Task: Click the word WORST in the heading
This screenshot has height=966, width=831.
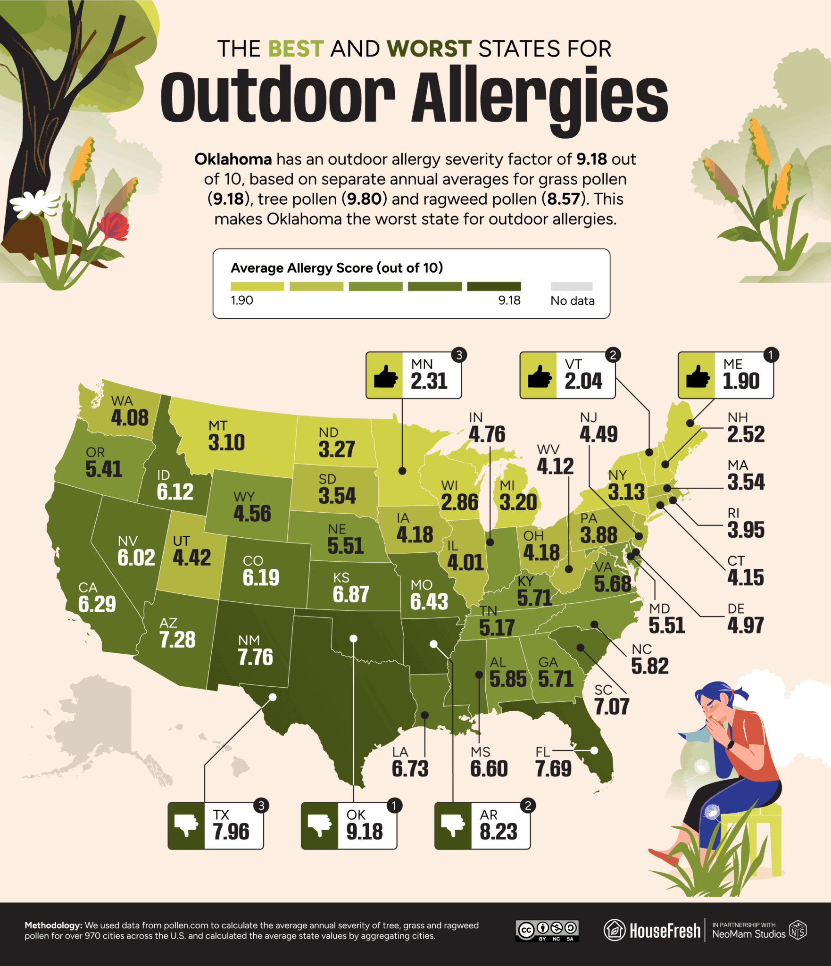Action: click(x=429, y=49)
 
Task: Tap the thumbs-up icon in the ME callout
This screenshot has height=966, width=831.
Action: click(x=697, y=376)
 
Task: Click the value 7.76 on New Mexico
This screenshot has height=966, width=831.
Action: click(x=255, y=657)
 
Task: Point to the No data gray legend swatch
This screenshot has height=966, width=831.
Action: click(x=572, y=286)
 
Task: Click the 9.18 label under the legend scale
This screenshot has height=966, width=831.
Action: click(x=509, y=300)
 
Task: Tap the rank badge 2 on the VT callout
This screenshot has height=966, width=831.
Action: click(x=613, y=355)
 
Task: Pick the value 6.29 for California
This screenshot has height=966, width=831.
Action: click(x=97, y=604)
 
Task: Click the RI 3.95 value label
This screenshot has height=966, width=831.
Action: click(x=746, y=530)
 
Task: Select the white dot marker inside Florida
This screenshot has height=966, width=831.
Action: click(x=594, y=750)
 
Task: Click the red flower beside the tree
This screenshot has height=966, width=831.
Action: click(x=114, y=225)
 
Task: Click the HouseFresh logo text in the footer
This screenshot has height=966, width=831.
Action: click(x=665, y=931)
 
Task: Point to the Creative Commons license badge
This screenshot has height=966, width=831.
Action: click(x=547, y=930)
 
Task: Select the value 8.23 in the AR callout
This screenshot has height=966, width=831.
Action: click(x=498, y=832)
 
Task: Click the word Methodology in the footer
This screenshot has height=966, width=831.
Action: click(x=53, y=925)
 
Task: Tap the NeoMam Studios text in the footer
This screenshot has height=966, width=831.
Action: click(x=748, y=934)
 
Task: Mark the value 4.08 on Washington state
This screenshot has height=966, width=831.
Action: click(x=130, y=418)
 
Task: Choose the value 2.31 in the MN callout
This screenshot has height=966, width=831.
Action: click(x=429, y=381)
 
